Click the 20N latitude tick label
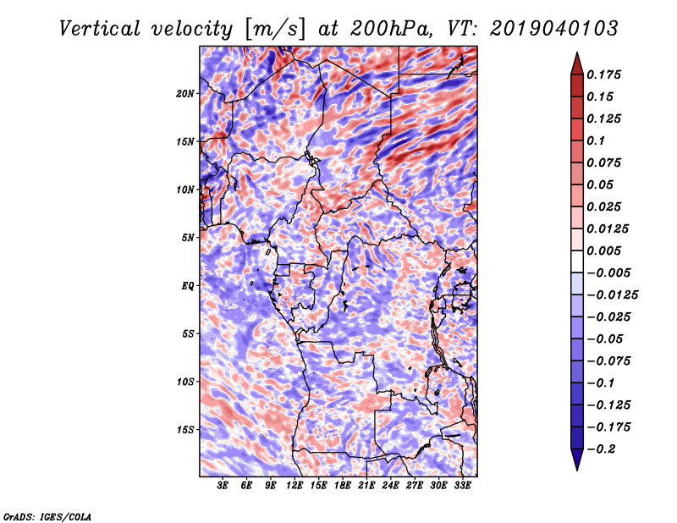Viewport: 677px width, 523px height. pos(185,93)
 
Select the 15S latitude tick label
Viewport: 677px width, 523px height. pos(185,430)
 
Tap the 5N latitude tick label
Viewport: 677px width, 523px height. pos(188,238)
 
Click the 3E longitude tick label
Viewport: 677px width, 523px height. pos(223,487)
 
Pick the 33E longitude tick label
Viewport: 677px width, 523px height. pos(463,487)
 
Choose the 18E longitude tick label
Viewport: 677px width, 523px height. pos(343,487)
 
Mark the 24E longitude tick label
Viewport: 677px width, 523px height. pos(391,487)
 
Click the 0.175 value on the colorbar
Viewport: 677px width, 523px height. pos(606,74)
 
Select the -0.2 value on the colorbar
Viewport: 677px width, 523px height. pos(602,449)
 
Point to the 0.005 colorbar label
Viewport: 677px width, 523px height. pos(606,250)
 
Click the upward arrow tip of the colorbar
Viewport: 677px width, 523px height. pos(576,56)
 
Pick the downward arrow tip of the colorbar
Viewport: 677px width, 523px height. pos(576,468)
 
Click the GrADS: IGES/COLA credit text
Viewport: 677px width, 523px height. pos(47,515)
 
